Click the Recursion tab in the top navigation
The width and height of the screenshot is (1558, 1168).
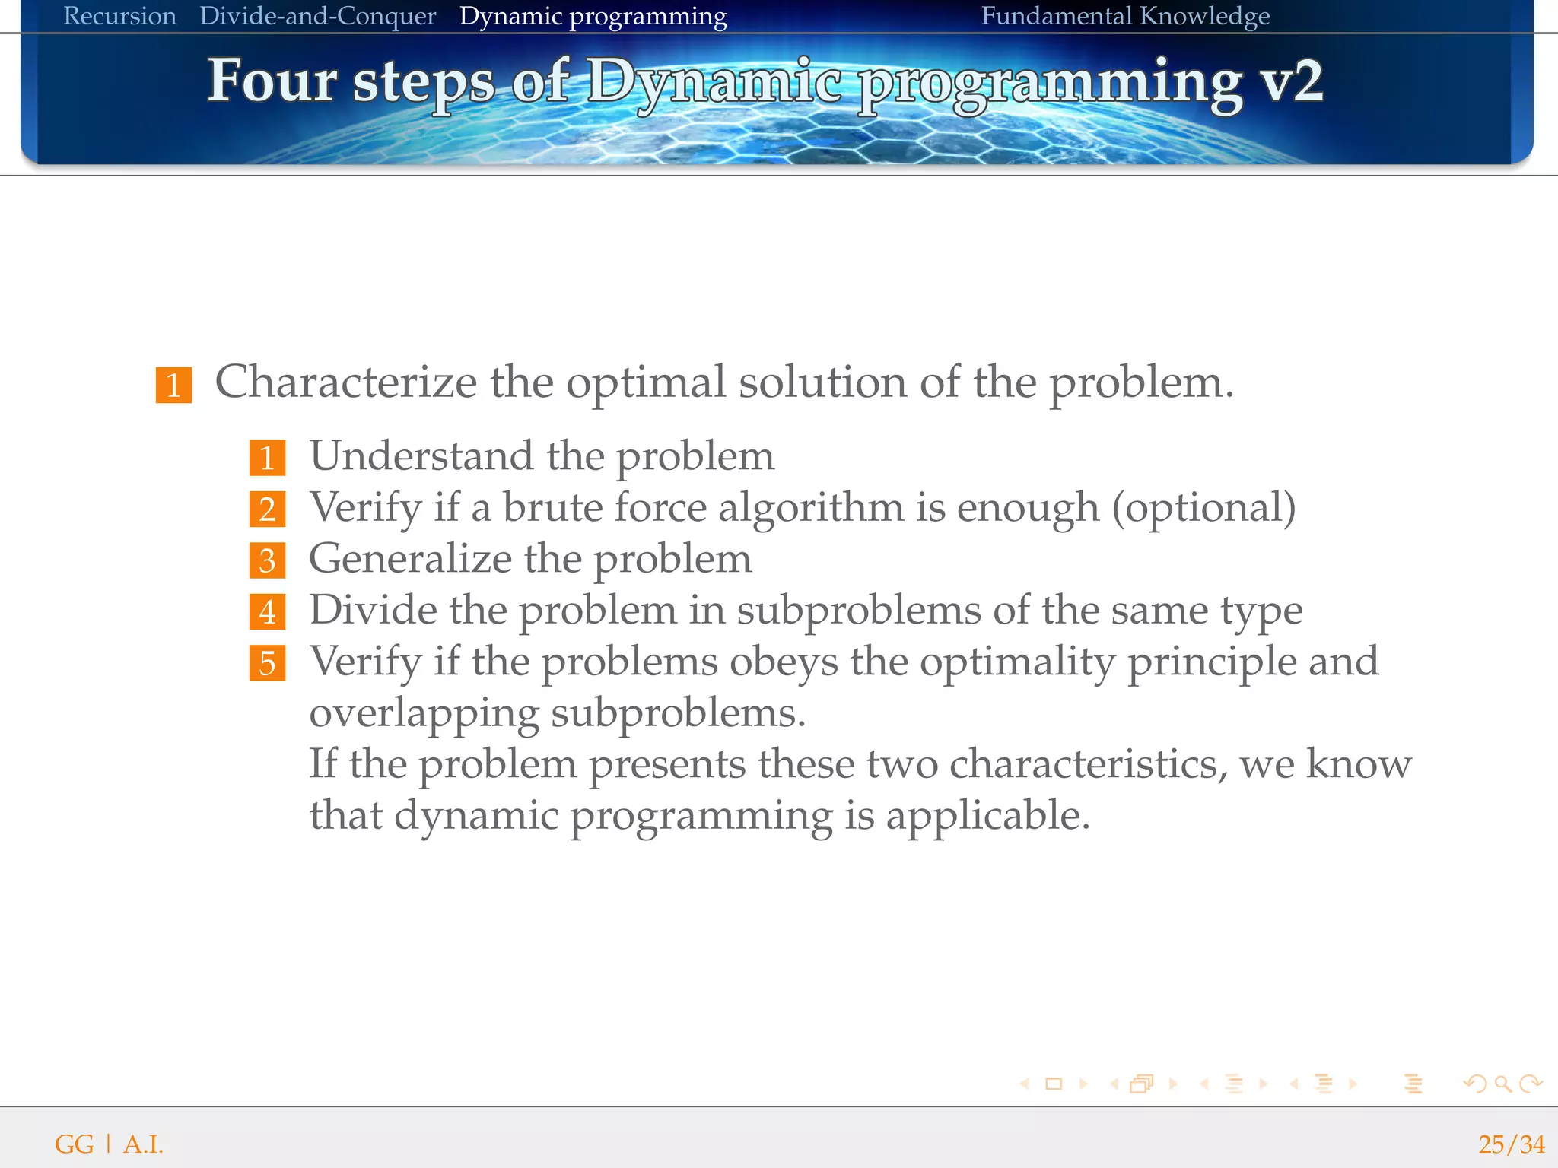(119, 16)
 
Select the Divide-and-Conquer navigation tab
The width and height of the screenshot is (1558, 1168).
(317, 16)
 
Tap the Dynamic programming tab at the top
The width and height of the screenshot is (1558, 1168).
(593, 16)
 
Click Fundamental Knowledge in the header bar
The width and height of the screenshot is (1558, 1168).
(1125, 16)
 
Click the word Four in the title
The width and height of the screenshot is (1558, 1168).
(272, 80)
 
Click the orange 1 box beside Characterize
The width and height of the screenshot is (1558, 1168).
(173, 385)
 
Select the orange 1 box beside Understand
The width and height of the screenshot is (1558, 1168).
(267, 458)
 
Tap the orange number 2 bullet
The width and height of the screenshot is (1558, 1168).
(267, 509)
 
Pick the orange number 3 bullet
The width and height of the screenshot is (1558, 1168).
(267, 560)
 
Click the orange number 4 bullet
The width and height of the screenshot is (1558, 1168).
(267, 612)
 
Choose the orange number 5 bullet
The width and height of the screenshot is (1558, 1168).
(267, 663)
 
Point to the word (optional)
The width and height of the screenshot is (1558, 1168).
(1203, 508)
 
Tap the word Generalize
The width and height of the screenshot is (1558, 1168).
(410, 559)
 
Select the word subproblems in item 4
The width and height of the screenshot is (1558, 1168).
(859, 611)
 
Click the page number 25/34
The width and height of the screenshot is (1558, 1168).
(1511, 1144)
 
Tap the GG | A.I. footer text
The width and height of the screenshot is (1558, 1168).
(109, 1144)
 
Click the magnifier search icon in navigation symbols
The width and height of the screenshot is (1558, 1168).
(1502, 1084)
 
